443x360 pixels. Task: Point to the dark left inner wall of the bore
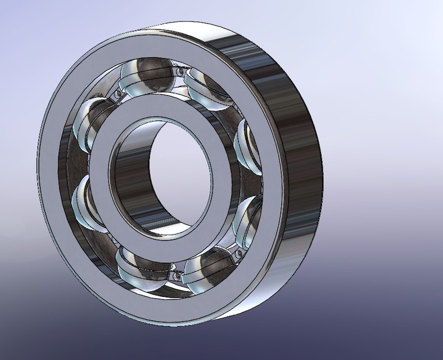click(x=126, y=174)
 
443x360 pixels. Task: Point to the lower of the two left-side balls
click(x=87, y=200)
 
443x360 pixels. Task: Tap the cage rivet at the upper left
click(x=117, y=94)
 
